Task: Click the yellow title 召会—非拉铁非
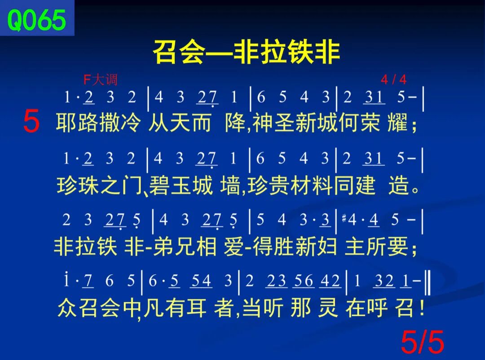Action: pos(247,52)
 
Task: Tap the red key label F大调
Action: pos(101,80)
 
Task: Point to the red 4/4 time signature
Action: pos(393,79)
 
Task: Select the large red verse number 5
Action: pos(31,121)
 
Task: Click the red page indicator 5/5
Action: pos(422,342)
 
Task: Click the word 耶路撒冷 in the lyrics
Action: pos(98,123)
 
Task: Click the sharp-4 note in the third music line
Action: pos(349,220)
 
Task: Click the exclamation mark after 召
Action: pos(422,308)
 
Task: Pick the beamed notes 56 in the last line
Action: pos(304,281)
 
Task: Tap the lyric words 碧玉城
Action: pos(181,185)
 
